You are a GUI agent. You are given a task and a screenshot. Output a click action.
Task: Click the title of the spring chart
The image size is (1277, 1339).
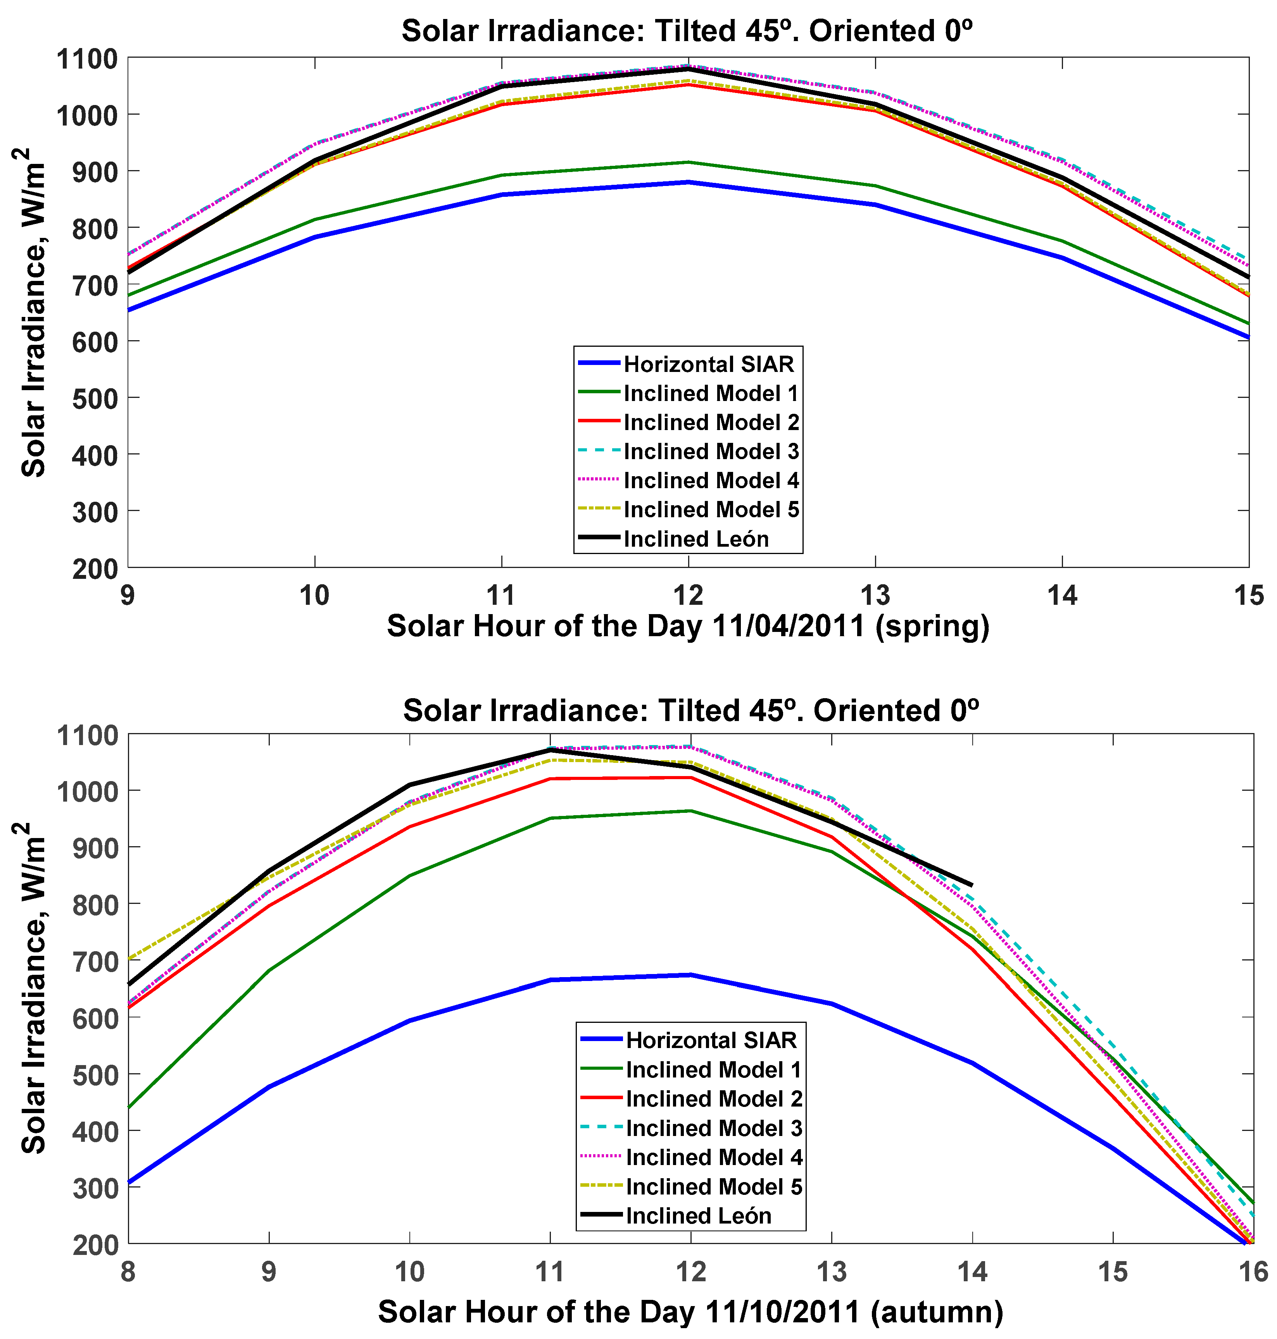(687, 31)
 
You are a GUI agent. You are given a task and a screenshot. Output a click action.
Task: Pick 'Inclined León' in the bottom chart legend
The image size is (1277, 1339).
(699, 1216)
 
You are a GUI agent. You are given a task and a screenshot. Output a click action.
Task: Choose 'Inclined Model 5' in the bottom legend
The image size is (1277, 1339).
(713, 1187)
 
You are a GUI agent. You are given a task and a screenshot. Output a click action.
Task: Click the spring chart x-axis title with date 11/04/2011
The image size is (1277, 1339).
(687, 626)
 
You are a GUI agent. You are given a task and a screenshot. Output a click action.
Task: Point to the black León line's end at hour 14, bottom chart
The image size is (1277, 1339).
(972, 885)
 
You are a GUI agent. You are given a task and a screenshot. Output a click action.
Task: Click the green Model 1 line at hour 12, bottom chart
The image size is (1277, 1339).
(691, 811)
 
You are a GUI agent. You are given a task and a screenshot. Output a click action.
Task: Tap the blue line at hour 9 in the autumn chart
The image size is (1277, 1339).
(269, 1086)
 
